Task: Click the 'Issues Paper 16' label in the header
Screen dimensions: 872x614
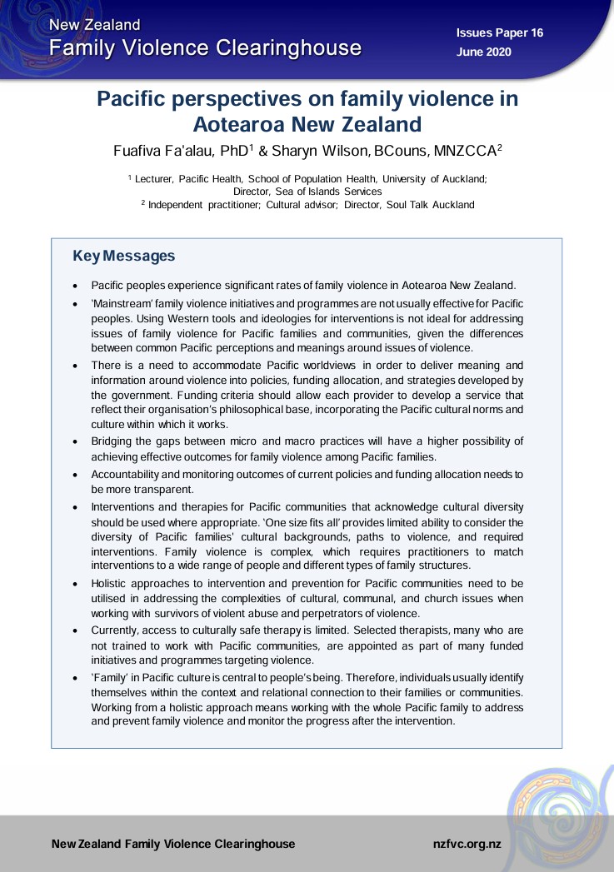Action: [499, 32]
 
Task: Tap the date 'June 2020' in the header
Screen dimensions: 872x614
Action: [484, 52]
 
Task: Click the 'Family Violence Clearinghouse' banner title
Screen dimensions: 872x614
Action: [205, 47]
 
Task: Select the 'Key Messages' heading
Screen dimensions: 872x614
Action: [124, 256]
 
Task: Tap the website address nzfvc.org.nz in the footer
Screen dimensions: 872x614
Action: [467, 844]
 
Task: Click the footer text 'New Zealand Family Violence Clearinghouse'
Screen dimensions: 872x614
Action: [173, 844]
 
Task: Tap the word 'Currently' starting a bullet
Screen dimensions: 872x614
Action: [117, 630]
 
